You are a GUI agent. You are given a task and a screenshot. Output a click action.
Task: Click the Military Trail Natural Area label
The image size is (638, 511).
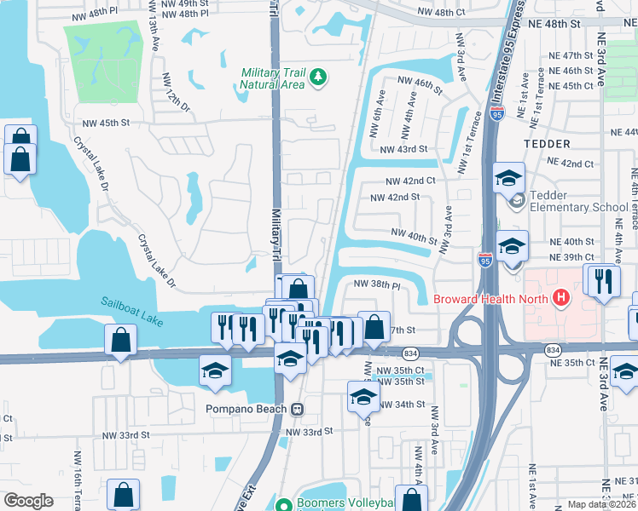[272, 78]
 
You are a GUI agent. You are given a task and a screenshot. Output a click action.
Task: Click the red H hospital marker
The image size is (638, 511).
[560, 297]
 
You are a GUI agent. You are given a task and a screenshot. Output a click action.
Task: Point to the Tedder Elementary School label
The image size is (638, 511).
[578, 201]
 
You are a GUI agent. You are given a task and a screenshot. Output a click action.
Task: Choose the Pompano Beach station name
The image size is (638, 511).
[246, 408]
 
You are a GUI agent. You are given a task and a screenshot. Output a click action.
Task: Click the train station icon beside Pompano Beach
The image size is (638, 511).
[297, 408]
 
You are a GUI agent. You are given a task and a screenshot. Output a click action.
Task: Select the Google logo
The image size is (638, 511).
[28, 501]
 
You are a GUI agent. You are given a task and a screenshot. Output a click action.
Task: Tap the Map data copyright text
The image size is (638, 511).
[601, 504]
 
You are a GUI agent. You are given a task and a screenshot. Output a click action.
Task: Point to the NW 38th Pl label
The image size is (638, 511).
[377, 284]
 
